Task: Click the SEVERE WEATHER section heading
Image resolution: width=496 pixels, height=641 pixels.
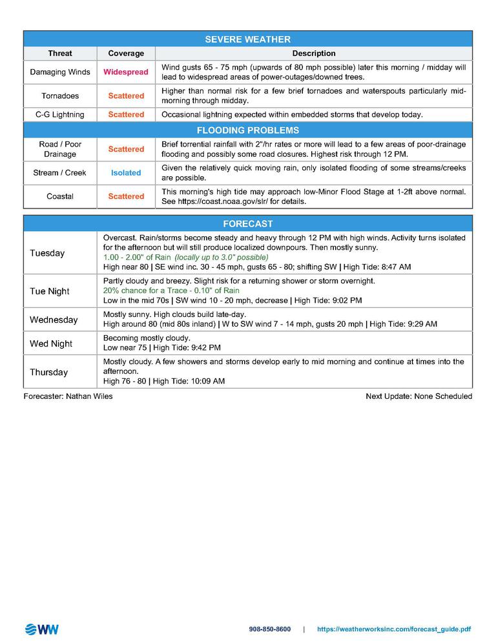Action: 247,39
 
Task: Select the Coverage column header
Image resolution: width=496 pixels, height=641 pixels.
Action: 126,54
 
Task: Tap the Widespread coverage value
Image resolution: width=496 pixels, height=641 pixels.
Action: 126,72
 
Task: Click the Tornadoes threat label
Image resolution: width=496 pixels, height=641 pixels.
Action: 60,96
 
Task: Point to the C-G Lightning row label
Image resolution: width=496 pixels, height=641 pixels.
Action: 60,114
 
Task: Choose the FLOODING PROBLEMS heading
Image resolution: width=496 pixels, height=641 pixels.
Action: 247,130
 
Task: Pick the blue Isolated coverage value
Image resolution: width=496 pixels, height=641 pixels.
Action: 126,173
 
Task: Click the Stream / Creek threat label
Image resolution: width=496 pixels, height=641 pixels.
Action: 60,173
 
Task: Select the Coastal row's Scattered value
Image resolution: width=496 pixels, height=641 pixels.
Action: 126,196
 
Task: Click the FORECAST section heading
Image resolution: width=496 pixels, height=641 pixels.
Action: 247,224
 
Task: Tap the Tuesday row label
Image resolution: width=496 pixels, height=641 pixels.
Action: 47,253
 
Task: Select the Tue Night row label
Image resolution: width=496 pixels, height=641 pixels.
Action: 50,291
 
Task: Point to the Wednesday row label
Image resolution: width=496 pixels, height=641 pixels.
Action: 54,320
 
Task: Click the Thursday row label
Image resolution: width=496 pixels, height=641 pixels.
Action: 48,372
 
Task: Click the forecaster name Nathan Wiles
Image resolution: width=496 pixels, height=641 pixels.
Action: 88,396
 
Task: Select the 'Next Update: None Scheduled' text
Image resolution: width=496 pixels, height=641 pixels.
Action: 418,396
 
